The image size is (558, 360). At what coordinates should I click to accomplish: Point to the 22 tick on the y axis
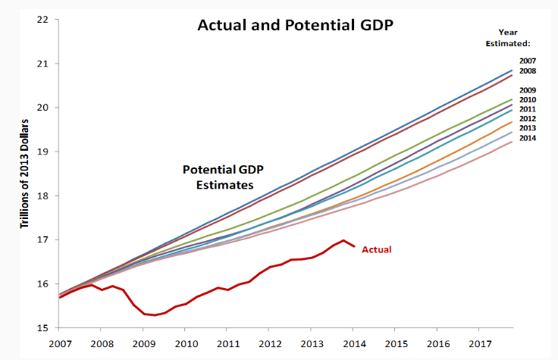tap(42, 18)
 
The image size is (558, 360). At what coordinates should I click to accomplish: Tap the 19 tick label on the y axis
tap(42, 151)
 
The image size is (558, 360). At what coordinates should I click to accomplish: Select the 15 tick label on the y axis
tap(42, 328)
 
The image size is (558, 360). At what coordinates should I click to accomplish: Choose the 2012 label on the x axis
tap(269, 344)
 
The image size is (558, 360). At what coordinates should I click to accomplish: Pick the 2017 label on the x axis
tap(479, 344)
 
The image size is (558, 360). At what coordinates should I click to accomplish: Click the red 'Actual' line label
tap(377, 249)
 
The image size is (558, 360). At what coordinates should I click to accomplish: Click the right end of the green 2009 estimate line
tap(513, 99)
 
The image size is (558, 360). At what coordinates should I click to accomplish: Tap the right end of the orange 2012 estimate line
tap(513, 121)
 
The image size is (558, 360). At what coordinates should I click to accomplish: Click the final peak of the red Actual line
tap(343, 240)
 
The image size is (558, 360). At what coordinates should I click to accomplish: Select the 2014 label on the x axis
tap(353, 344)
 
